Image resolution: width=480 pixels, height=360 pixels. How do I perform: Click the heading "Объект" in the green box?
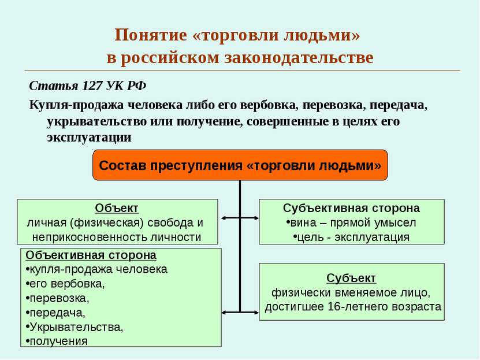[x=117, y=208]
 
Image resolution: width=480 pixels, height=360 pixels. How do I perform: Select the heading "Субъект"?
[x=351, y=278]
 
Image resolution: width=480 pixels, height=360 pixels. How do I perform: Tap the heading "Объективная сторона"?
[x=91, y=255]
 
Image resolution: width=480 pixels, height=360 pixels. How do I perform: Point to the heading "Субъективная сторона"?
[x=351, y=208]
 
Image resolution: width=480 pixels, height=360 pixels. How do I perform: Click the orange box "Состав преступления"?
[x=240, y=165]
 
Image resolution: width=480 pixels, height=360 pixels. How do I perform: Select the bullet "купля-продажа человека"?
[x=96, y=269]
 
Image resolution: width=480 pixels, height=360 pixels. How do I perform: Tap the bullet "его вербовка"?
[x=65, y=284]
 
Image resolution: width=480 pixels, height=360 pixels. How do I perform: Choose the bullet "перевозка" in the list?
[x=58, y=298]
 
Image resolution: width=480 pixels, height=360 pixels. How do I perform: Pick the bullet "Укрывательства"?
[x=75, y=327]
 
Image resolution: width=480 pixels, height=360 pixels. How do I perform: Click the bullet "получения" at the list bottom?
[x=57, y=341]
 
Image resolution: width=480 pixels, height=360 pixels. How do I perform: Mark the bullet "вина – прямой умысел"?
[x=351, y=222]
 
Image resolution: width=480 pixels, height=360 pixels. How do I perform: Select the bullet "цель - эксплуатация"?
[x=351, y=237]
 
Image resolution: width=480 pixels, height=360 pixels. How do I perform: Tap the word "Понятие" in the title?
[x=151, y=35]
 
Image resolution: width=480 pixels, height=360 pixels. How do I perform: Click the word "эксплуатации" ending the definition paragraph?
[x=90, y=138]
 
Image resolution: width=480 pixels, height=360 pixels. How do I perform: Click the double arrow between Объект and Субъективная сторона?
[x=240, y=218]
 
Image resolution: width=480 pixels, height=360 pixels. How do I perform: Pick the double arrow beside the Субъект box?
[x=240, y=312]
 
